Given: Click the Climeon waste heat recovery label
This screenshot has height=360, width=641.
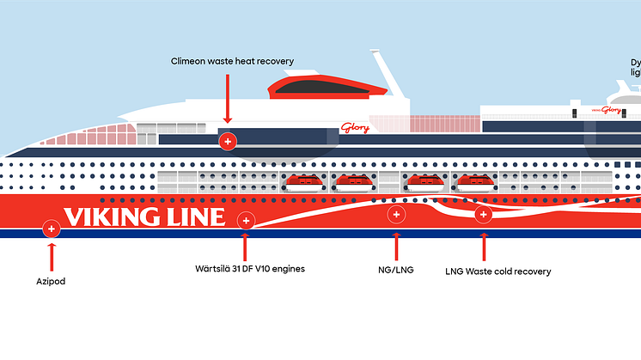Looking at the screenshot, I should coord(231,61).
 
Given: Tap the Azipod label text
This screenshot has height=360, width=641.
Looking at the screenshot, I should coord(52,281).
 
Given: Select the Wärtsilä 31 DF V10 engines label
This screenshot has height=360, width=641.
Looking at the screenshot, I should coord(249,269).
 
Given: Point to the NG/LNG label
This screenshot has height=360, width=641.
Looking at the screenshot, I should coord(396,270).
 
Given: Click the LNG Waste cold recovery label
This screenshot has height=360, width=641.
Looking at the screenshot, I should coord(498,272).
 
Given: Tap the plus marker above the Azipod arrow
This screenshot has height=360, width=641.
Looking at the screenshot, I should coord(52,229).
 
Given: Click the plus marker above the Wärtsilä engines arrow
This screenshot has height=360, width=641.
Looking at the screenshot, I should coord(246,221).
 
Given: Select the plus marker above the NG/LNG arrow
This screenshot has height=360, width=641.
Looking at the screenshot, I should coord(396,214).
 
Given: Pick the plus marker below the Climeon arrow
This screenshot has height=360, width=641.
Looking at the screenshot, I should coord(228,141).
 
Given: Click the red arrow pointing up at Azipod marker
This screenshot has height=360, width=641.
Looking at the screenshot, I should coord(52,256).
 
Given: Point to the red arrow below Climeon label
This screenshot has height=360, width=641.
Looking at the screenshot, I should coord(228,99).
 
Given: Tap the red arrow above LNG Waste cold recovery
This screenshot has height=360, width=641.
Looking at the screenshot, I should coord(484,246).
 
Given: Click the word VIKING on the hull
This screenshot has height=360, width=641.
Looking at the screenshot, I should coord(116,217).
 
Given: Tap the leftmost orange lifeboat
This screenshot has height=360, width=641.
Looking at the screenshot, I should coord(302,181).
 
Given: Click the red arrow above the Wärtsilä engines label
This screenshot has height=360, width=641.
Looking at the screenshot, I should coord(246,247).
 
